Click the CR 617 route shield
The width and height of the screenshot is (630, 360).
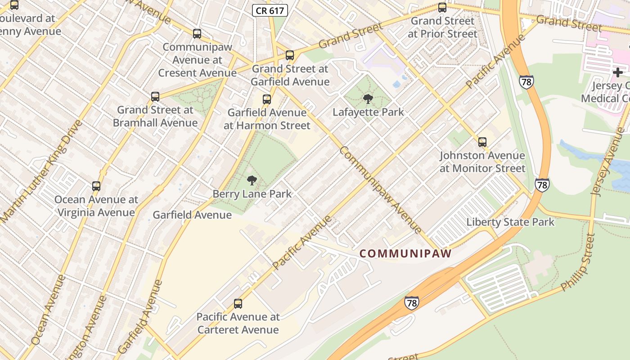[270, 11]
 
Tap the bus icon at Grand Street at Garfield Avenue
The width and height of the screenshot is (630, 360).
[290, 55]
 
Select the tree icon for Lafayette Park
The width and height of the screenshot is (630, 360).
[368, 99]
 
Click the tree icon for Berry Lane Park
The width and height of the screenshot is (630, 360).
[252, 180]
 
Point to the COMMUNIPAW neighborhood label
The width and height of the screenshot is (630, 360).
[405, 253]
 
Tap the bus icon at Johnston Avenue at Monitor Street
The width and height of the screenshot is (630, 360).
[482, 142]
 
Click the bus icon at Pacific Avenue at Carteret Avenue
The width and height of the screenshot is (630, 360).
[238, 304]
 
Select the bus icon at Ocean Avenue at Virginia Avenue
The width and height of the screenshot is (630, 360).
[96, 186]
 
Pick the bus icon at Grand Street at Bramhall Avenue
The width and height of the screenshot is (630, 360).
[155, 96]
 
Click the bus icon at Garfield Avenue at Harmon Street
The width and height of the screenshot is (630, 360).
[267, 99]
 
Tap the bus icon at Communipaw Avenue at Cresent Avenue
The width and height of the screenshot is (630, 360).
[197, 33]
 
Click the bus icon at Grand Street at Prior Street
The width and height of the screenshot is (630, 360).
[442, 7]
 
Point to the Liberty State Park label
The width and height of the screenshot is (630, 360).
[510, 222]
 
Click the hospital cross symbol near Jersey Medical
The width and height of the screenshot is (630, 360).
[618, 72]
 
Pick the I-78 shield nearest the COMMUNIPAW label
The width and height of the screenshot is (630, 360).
[411, 302]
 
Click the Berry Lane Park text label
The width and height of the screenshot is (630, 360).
[252, 194]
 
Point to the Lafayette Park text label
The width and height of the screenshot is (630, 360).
[368, 112]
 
